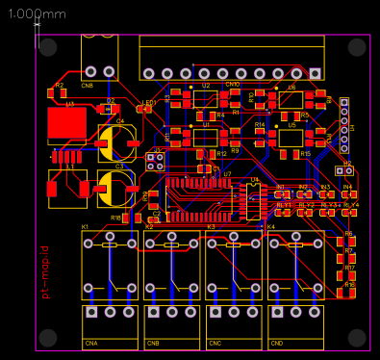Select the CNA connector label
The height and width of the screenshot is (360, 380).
point(91,342)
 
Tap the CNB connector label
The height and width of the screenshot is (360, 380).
point(153,342)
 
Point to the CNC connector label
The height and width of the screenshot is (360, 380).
point(215,342)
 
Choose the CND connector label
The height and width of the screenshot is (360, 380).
point(277,342)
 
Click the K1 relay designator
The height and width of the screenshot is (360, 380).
point(85,226)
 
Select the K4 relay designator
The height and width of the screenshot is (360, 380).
point(270,226)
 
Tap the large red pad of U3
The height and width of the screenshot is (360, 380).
point(66,121)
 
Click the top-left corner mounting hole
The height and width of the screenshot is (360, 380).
point(49,46)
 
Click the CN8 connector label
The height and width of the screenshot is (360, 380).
point(88,84)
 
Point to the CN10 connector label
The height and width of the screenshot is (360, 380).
point(232,84)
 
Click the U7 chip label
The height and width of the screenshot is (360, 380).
point(227,174)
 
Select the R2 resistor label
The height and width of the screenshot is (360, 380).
point(60,86)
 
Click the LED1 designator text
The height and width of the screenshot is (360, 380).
point(149,101)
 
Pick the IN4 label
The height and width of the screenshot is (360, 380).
point(347,186)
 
